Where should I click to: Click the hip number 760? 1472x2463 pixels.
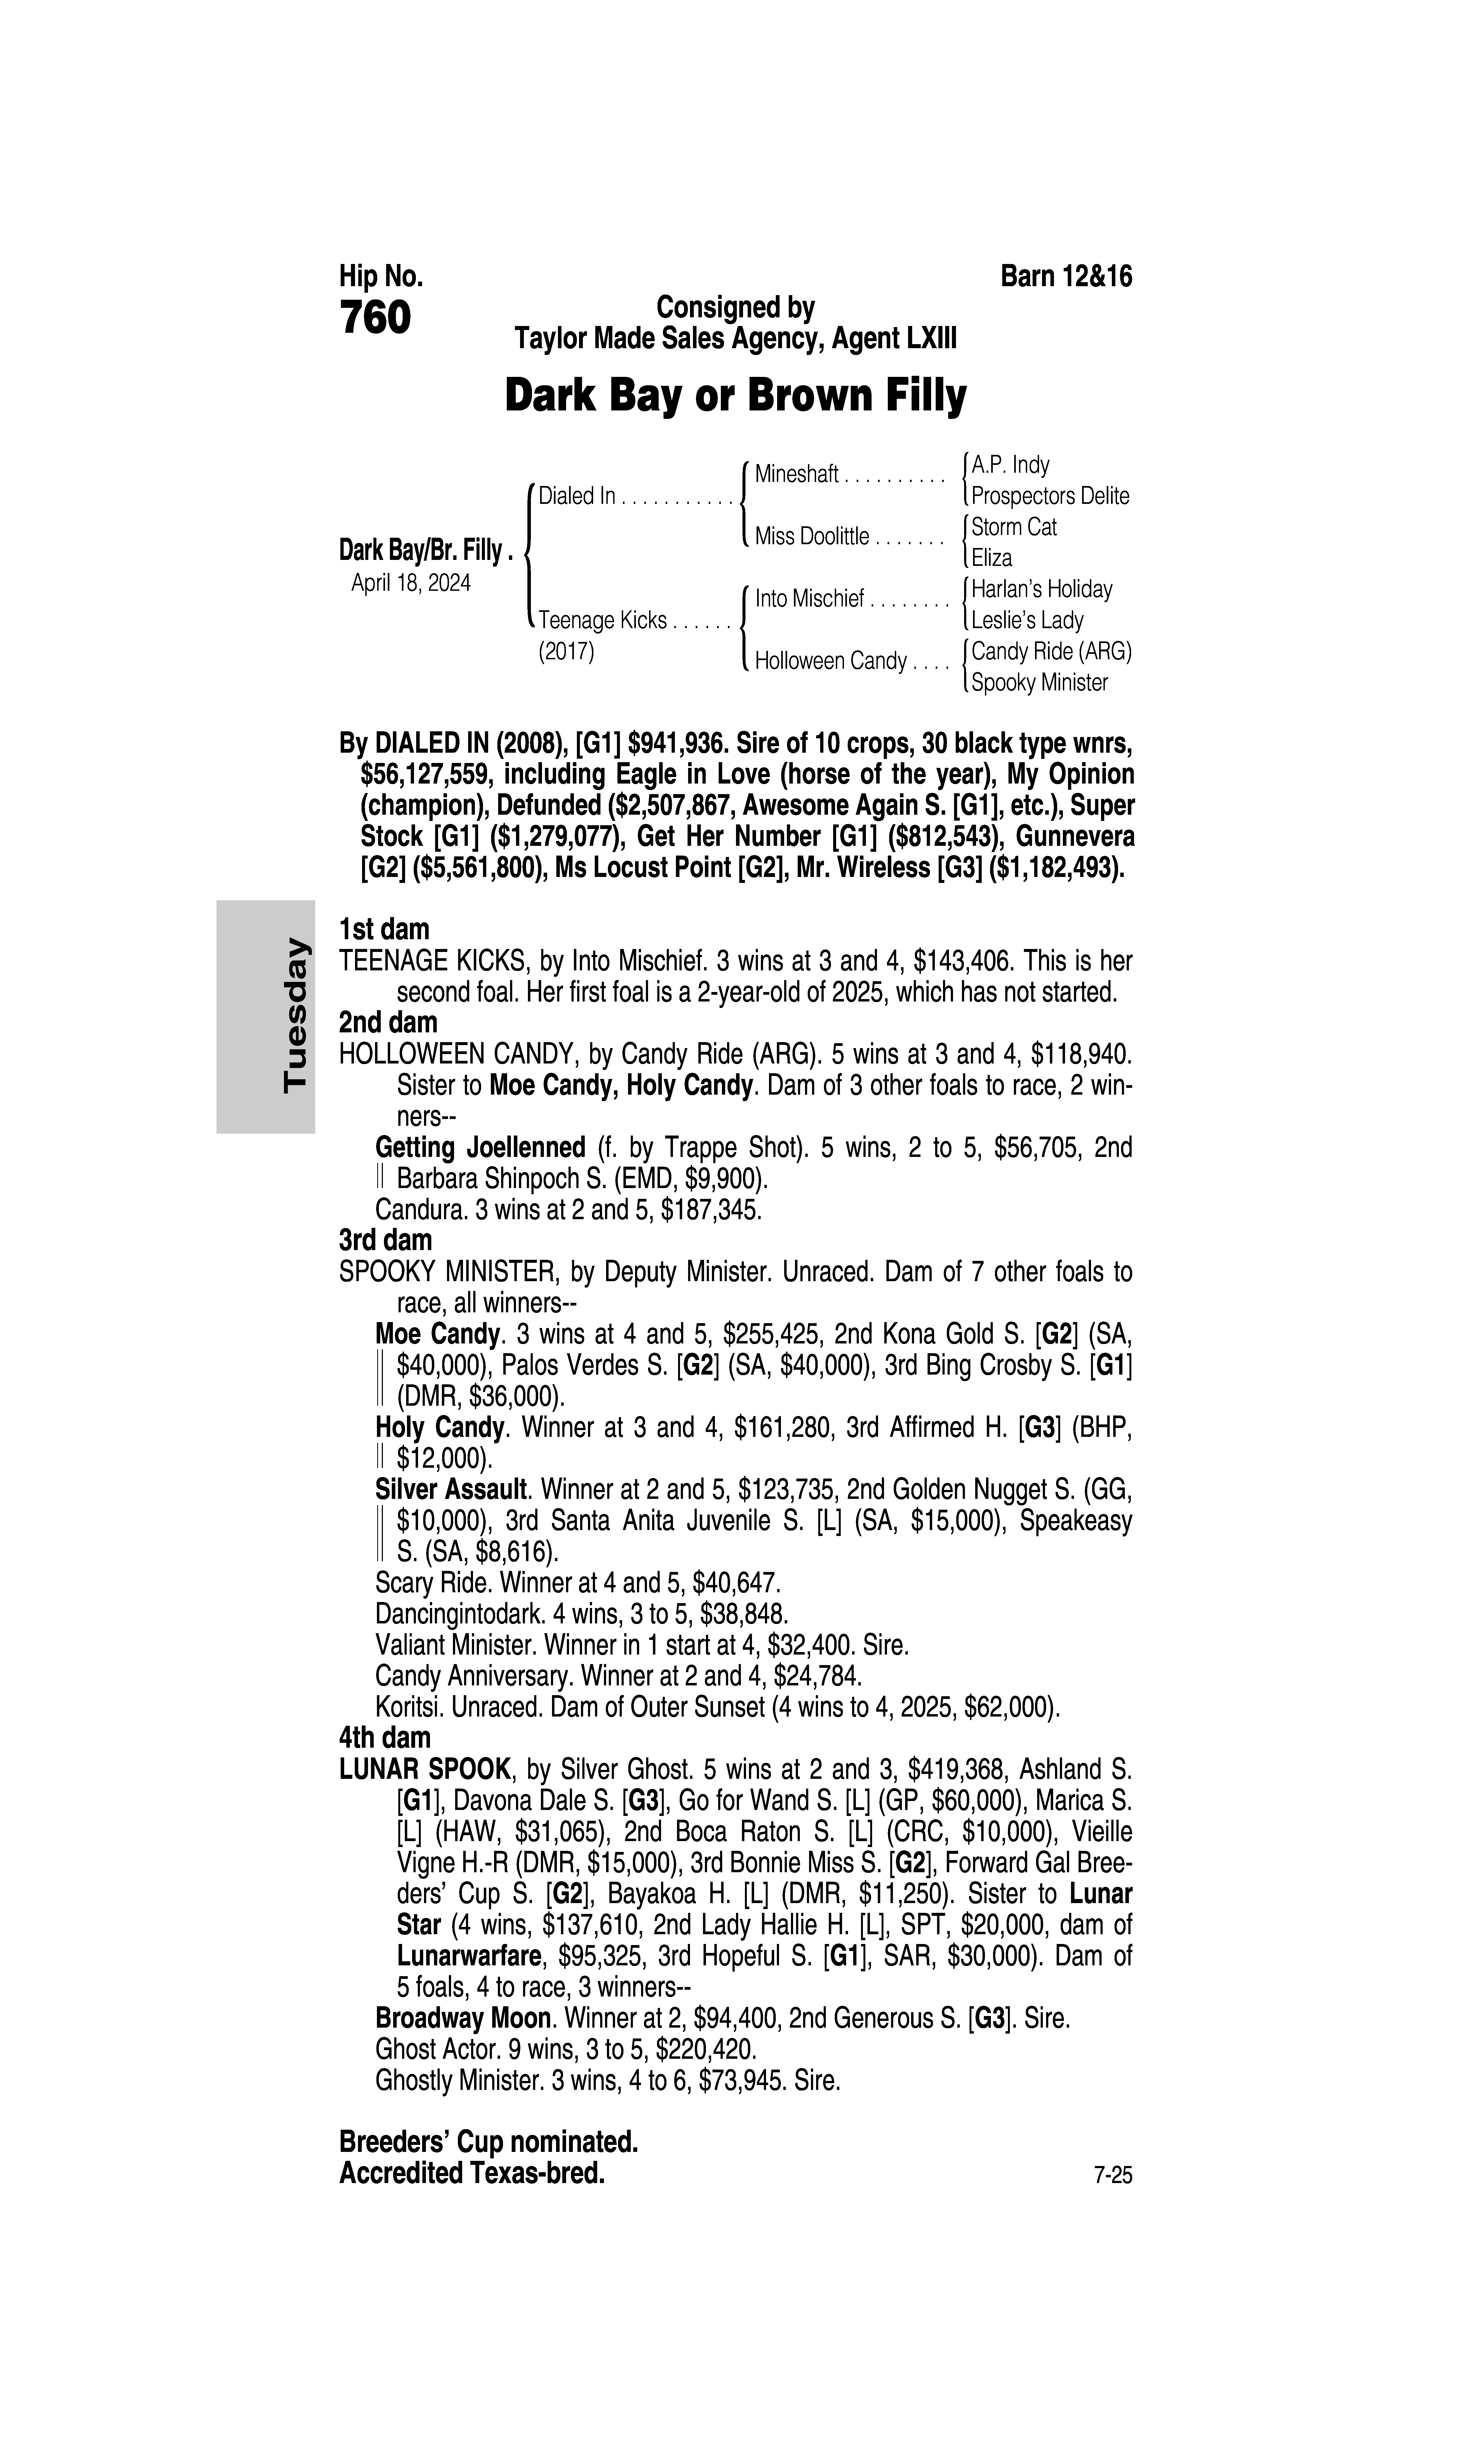375,319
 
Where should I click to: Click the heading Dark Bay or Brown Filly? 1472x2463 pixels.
735,396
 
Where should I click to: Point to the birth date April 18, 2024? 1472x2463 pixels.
411,582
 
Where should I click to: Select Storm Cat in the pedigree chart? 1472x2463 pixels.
1014,527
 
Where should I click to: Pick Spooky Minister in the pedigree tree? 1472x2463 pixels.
1039,683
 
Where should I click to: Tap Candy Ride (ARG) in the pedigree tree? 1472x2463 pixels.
1050,651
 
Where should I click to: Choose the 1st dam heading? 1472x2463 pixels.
384,930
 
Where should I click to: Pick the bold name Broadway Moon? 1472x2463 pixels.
462,2018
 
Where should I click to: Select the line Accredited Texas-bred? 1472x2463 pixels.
472,2173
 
